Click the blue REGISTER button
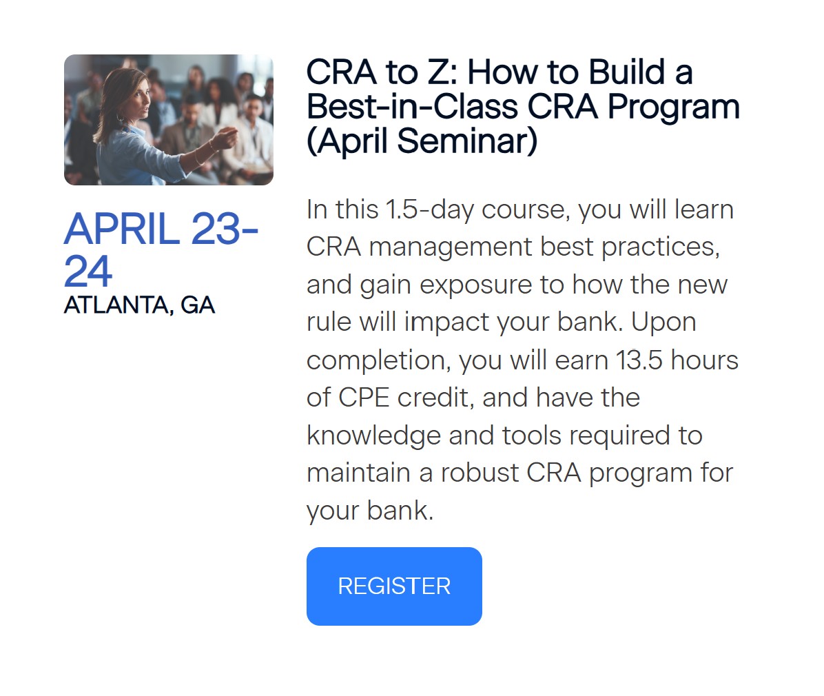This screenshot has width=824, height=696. pyautogui.click(x=394, y=586)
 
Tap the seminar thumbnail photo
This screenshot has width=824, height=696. pyautogui.click(x=169, y=120)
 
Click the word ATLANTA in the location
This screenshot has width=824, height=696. pyautogui.click(x=116, y=305)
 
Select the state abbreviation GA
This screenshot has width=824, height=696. pyautogui.click(x=198, y=305)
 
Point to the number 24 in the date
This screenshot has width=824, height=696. pyautogui.click(x=87, y=272)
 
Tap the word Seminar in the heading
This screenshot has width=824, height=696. pyautogui.click(x=466, y=141)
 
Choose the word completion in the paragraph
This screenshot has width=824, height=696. pyautogui.click(x=378, y=360)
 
